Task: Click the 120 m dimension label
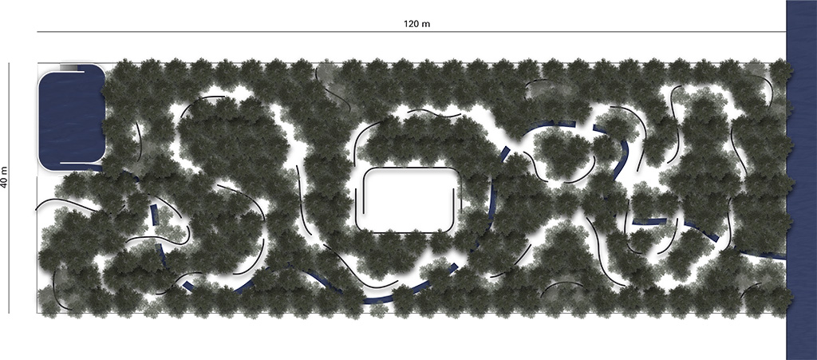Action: [x=416, y=23]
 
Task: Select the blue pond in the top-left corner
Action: [x=71, y=118]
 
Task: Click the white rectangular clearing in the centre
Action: [x=409, y=200]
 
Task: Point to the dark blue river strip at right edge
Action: [x=801, y=180]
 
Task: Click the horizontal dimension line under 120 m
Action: [x=411, y=32]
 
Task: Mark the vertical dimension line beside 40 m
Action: [x=9, y=188]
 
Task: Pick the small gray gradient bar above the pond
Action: [x=69, y=67]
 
